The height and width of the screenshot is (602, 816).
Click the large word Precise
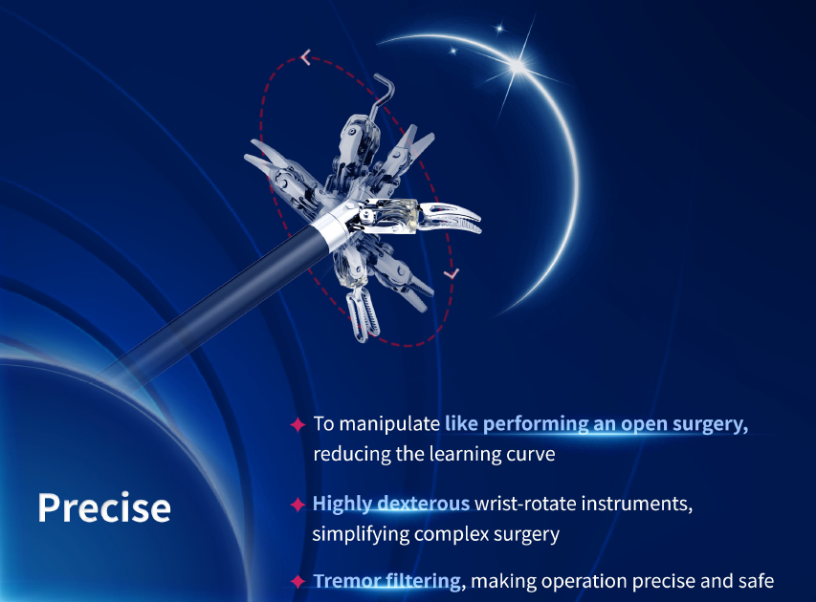[x=104, y=507]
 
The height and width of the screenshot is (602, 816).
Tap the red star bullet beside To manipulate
[x=298, y=424]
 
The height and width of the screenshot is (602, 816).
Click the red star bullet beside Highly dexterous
[x=298, y=504]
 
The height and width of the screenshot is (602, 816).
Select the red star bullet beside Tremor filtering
[x=298, y=581]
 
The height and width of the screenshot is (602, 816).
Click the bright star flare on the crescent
[x=518, y=66]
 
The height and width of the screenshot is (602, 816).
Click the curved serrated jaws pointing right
[x=451, y=218]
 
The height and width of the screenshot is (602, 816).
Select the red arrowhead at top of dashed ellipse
[x=306, y=56]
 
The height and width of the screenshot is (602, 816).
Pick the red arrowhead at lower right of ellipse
[x=452, y=273]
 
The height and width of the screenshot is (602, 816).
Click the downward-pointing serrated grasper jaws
[x=363, y=314]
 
